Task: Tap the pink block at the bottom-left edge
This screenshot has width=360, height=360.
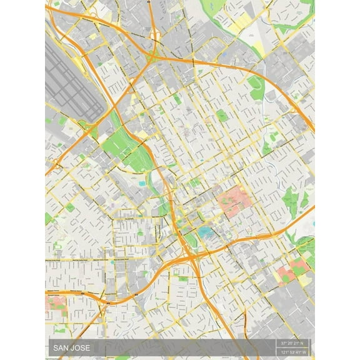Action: point(55,305)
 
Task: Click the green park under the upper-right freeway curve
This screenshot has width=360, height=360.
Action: point(256,87)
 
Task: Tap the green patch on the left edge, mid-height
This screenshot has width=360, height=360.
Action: point(48,217)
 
